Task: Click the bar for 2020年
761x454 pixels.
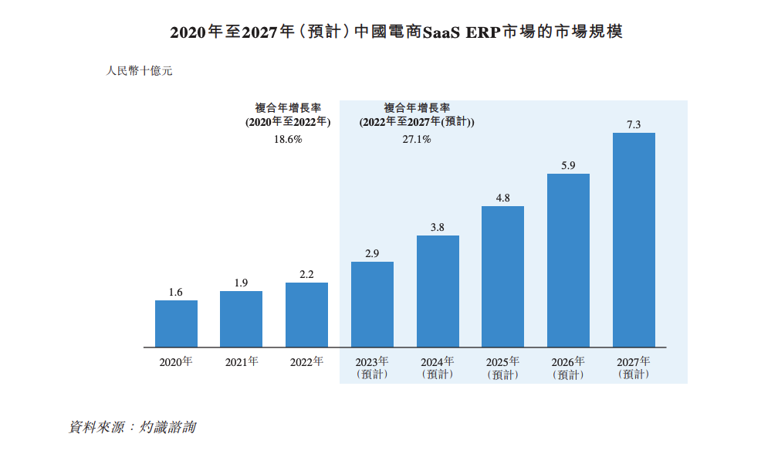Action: point(176,324)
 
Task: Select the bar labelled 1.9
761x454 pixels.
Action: point(241,319)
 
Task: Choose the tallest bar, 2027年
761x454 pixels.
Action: point(634,240)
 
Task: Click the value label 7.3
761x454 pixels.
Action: point(634,124)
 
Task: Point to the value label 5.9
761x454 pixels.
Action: point(568,164)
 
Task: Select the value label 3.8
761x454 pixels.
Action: point(438,226)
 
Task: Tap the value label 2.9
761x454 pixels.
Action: point(372,252)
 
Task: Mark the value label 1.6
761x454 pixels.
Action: point(176,291)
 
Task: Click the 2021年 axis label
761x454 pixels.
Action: point(241,361)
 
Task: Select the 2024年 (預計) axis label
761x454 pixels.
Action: point(438,368)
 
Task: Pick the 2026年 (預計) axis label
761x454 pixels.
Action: point(568,368)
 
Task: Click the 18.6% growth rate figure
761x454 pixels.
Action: point(288,140)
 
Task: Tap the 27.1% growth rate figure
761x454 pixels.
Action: point(417,140)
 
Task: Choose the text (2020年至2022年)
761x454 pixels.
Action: point(288,122)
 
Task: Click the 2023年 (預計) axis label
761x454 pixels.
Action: point(372,368)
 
